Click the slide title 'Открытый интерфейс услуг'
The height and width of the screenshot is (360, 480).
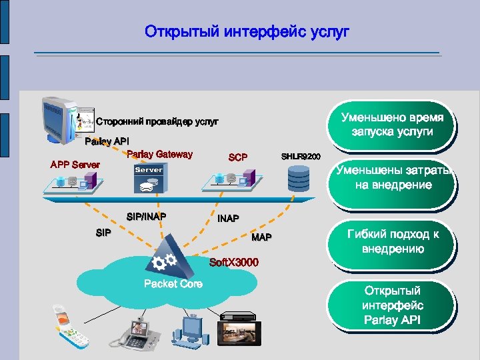pyautogui.click(x=247, y=31)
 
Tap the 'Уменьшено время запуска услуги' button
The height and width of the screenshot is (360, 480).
pyautogui.click(x=392, y=125)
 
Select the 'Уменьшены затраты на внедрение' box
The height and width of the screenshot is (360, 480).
pyautogui.click(x=393, y=178)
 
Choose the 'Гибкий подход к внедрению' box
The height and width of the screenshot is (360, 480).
pyautogui.click(x=393, y=241)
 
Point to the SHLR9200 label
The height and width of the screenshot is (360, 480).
pyautogui.click(x=300, y=157)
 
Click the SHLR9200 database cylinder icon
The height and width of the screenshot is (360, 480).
pyautogui.click(x=299, y=178)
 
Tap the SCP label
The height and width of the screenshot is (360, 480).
pyautogui.click(x=238, y=158)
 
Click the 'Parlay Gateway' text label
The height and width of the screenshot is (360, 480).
pyautogui.click(x=159, y=155)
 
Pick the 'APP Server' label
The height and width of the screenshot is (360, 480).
pyautogui.click(x=75, y=165)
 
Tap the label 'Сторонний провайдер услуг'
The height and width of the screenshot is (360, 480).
pyautogui.click(x=157, y=121)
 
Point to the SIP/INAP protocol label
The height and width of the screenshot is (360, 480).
pyautogui.click(x=146, y=216)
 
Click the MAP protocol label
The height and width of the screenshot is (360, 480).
pyautogui.click(x=261, y=238)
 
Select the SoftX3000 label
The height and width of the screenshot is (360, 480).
pyautogui.click(x=233, y=261)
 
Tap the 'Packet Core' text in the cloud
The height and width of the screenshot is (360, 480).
pyautogui.click(x=173, y=284)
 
